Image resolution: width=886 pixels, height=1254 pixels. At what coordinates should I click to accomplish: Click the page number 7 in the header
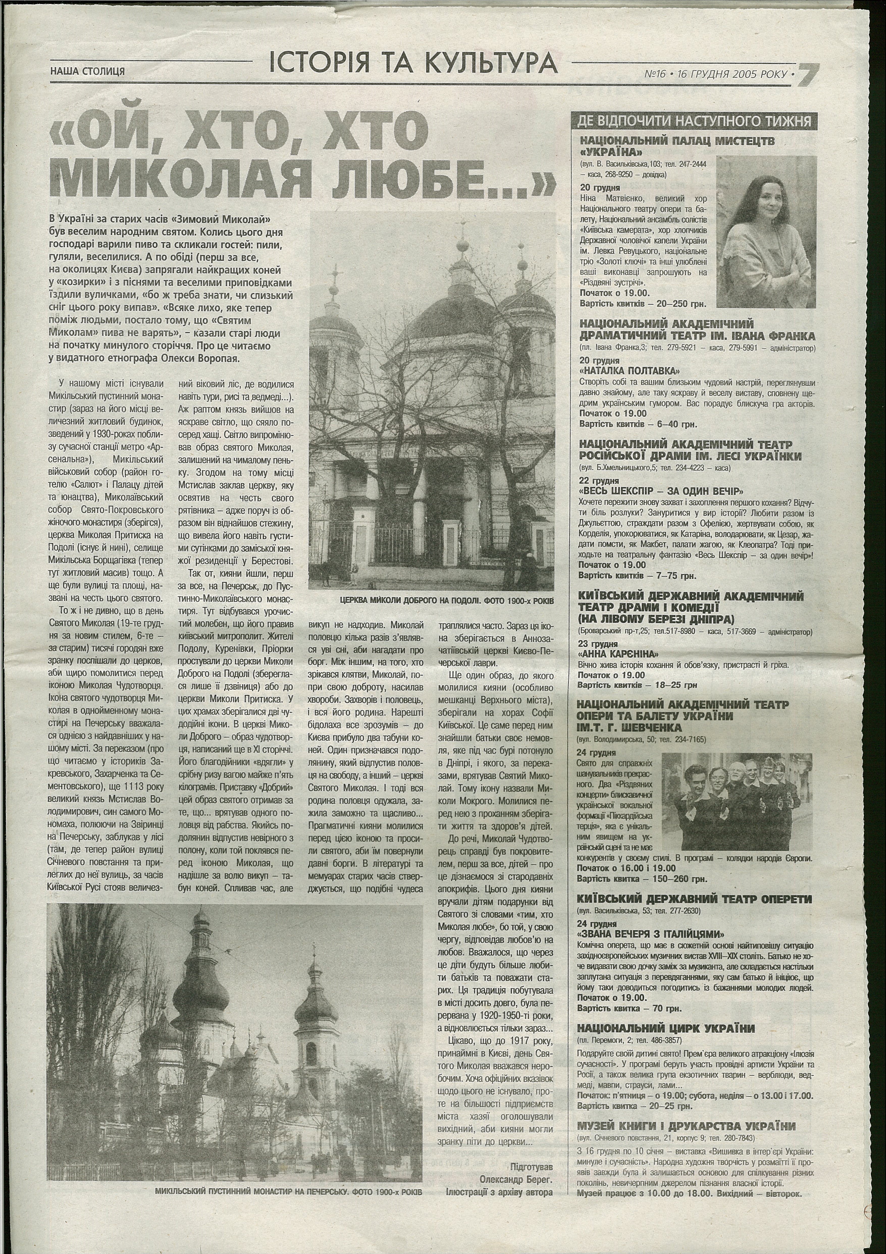(808, 74)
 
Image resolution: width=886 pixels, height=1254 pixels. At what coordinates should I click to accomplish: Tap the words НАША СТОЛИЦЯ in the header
(87, 71)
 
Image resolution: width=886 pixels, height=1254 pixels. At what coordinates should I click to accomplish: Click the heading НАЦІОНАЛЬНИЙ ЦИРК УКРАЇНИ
(665, 1028)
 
